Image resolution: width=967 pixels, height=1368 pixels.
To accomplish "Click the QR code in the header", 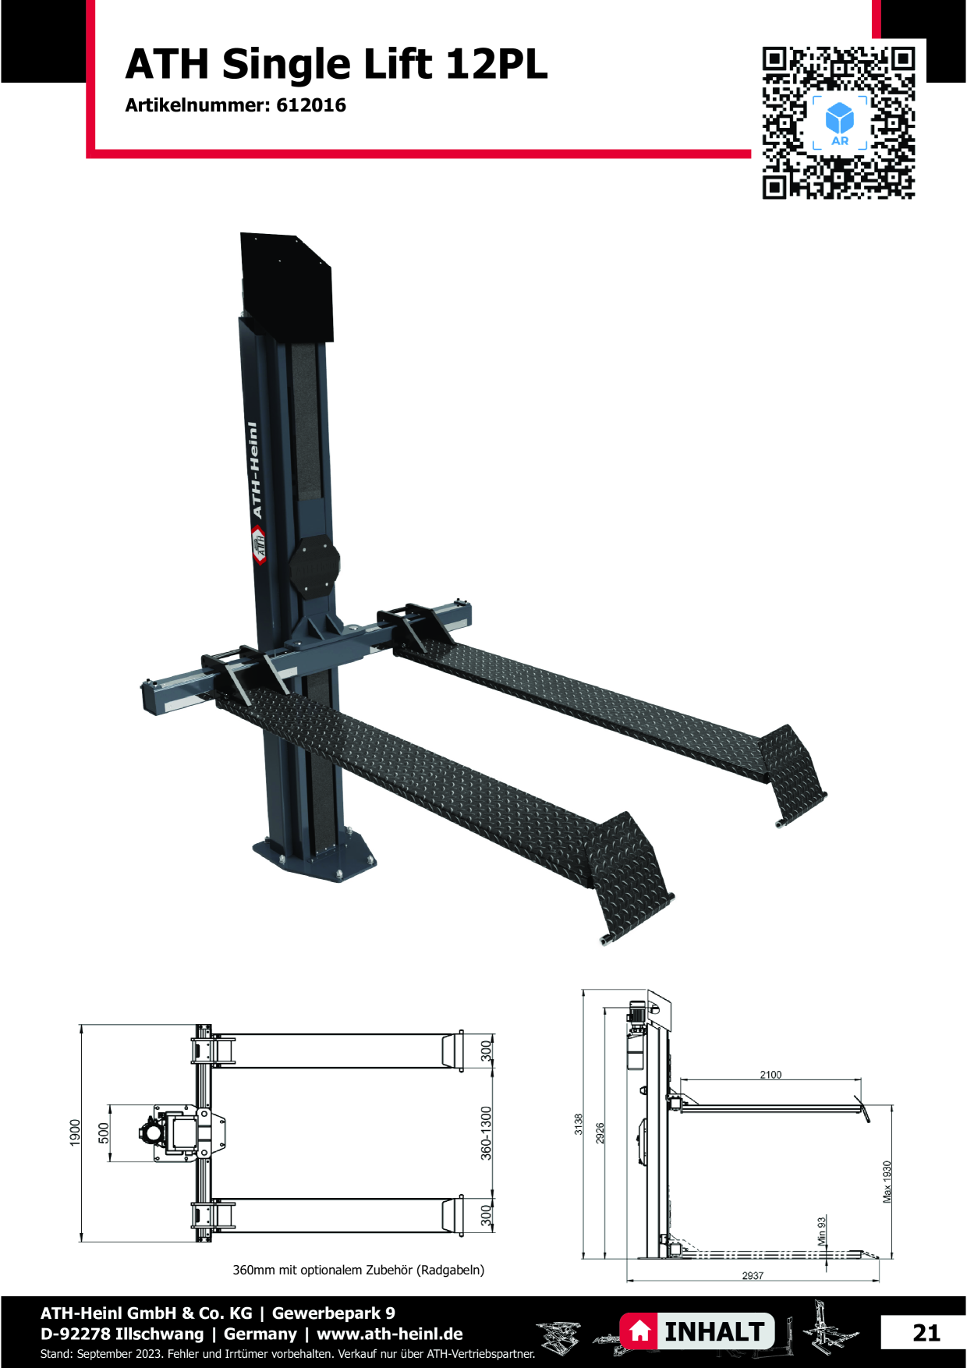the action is point(838,122).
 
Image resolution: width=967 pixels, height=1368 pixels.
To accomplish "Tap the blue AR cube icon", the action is point(840,119).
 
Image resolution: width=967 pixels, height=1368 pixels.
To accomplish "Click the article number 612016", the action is point(311,105).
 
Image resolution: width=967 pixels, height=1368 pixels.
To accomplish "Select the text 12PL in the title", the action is point(497,64).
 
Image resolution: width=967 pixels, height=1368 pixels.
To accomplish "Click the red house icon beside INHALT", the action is point(639,1331).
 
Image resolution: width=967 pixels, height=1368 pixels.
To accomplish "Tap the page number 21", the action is point(926,1333).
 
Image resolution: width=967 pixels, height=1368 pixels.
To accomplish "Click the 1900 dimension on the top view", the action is point(75,1132).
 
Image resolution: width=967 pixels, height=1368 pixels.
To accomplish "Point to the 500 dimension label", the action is point(104,1133).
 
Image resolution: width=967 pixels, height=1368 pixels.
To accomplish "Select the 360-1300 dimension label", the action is point(487,1133).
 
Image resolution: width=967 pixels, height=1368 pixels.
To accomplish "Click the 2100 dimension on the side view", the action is point(770,1075).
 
